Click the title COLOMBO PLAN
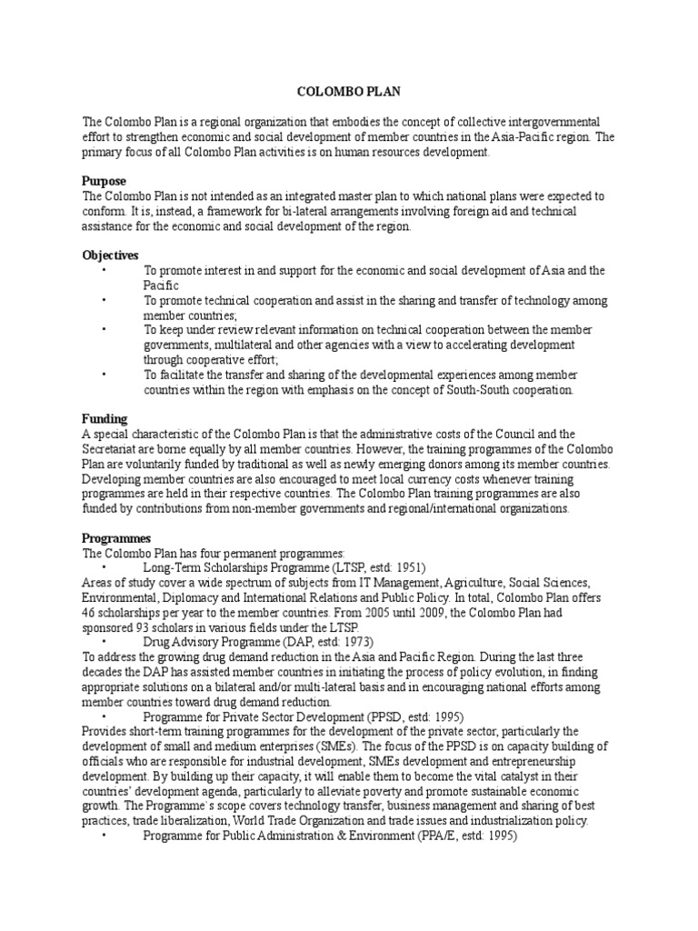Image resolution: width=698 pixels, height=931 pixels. click(x=349, y=92)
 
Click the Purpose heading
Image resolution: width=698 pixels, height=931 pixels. click(x=105, y=181)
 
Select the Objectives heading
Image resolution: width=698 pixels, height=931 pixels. click(x=111, y=255)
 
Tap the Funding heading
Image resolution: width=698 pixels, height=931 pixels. click(x=105, y=419)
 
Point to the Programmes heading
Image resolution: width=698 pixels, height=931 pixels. click(x=116, y=538)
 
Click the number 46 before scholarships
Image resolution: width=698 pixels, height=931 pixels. click(x=91, y=612)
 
